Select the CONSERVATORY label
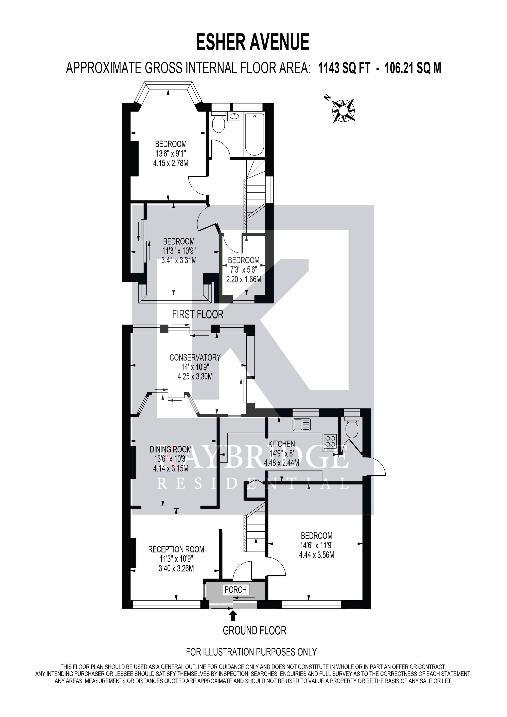point(195,357)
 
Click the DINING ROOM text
point(171,449)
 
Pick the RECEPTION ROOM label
point(176,549)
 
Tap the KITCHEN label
point(282,444)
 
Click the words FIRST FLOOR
point(198,314)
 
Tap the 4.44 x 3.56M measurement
point(317,555)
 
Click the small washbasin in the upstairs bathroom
point(234,116)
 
